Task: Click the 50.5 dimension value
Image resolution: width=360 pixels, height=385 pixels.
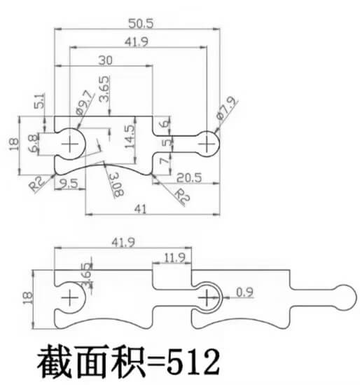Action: [x=141, y=24]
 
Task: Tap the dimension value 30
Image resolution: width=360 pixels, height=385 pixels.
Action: [x=106, y=60]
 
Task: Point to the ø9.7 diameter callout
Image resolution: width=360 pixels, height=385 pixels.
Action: [x=85, y=102]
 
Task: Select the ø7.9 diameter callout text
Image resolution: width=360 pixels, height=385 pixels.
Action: [x=227, y=108]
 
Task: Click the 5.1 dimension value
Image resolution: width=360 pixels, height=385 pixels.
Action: [x=40, y=100]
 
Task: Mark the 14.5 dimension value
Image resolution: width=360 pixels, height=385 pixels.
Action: [x=130, y=137]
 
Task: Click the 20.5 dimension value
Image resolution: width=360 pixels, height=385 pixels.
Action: [x=189, y=177]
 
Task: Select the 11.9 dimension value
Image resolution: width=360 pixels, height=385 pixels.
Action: [x=174, y=258]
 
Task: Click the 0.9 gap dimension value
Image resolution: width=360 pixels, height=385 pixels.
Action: [x=244, y=292]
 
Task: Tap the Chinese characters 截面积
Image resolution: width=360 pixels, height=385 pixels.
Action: [x=91, y=362]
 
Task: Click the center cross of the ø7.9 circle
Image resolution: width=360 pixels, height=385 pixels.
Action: [x=207, y=144]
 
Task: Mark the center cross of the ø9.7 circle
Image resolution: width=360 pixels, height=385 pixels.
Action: [x=70, y=144]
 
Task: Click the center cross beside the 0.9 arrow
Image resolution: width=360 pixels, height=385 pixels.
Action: [x=207, y=298]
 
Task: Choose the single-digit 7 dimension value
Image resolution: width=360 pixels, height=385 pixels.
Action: [x=165, y=161]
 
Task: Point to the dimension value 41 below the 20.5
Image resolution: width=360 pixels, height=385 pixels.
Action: [x=141, y=209]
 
